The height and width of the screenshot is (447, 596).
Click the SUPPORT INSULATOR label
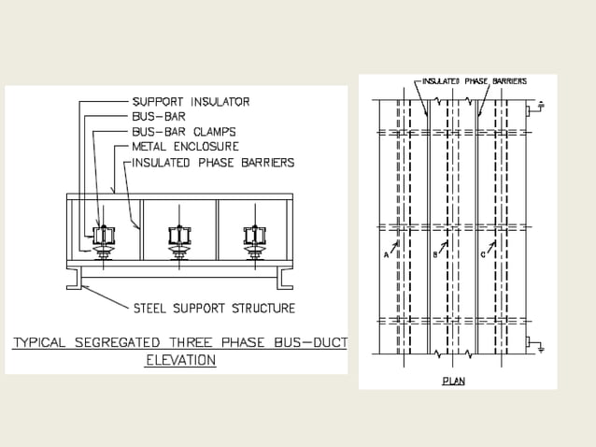tap(191, 101)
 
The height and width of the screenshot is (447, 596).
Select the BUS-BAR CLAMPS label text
tap(183, 132)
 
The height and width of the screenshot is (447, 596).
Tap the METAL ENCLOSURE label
tap(185, 147)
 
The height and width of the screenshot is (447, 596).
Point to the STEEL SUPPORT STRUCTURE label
tap(214, 308)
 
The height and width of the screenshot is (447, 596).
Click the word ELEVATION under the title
tap(181, 359)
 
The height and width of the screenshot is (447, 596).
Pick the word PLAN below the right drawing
tap(454, 381)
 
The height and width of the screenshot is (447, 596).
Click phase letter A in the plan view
tap(387, 253)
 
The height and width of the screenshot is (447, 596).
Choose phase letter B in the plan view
tap(435, 253)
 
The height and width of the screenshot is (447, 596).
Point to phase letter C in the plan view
tap(482, 253)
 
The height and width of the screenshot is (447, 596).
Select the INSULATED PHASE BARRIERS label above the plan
tap(475, 81)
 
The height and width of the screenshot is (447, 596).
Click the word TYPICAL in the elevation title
tap(41, 343)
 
